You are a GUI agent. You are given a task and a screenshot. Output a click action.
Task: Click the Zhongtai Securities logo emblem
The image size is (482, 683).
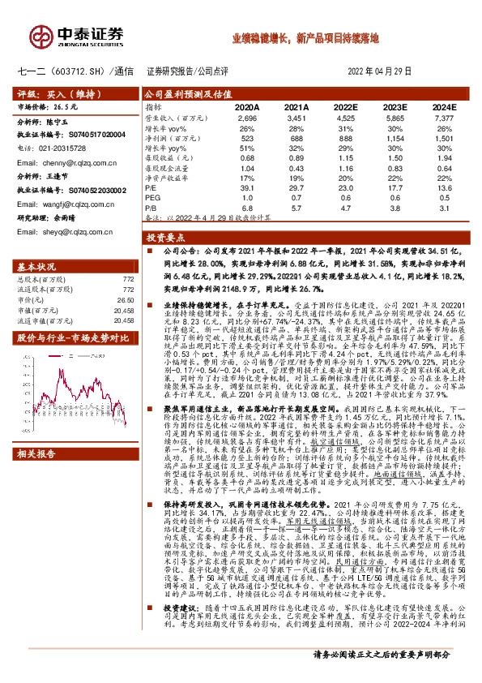[x=41, y=34]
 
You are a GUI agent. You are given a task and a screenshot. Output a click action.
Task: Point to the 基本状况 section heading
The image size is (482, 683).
[x=37, y=266]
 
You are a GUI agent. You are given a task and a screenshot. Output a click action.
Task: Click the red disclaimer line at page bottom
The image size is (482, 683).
[x=382, y=674]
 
